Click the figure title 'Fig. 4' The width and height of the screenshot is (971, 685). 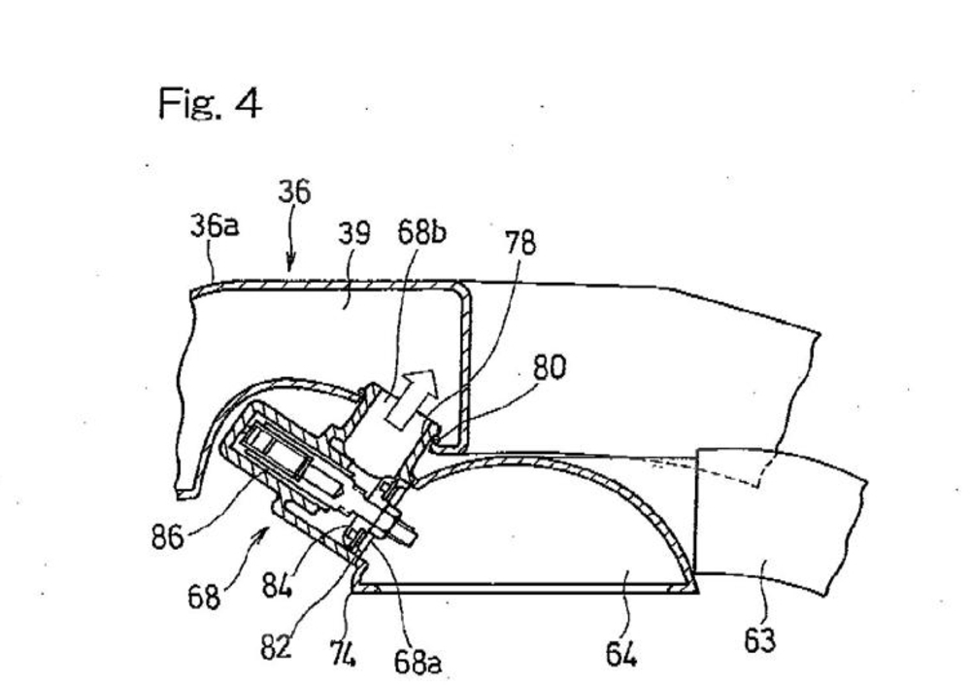[x=210, y=103]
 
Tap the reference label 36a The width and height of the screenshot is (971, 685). [x=214, y=226]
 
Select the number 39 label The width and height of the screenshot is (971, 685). [x=354, y=234]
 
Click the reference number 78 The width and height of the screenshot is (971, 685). [x=520, y=242]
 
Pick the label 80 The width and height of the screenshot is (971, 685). [x=550, y=367]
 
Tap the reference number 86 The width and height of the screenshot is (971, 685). [x=168, y=536]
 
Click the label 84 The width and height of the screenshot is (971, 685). [x=277, y=585]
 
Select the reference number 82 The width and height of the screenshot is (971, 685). [x=276, y=648]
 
